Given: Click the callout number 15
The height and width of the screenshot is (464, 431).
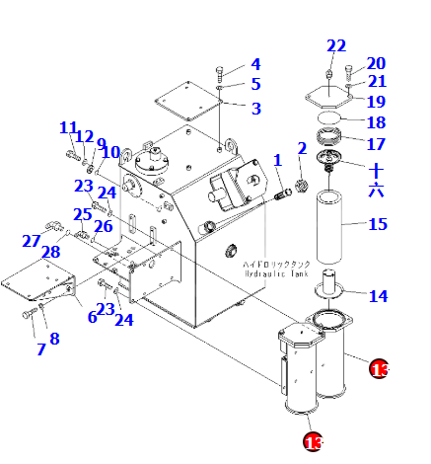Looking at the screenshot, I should coord(378,224).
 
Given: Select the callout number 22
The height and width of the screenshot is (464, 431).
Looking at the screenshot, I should coord(337,45).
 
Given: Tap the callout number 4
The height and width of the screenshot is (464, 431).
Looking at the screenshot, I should coord(254,65).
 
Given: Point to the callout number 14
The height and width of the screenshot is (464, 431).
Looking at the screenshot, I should coord(378,296).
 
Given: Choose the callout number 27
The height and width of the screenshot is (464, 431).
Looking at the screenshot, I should coord(32,241).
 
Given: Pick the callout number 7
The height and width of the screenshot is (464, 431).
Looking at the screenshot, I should coord(41,349).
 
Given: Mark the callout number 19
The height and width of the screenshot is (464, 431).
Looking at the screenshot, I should coord(377,101).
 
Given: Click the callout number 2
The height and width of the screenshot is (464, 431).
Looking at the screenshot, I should coord(302,149).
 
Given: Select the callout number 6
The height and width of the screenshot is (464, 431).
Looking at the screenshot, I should coord(92,317).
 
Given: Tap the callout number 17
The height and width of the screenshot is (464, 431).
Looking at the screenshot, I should coord(377,144).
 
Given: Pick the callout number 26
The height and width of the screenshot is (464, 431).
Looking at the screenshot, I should coord(104,227).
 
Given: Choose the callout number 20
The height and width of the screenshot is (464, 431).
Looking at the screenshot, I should coord(376,64).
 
